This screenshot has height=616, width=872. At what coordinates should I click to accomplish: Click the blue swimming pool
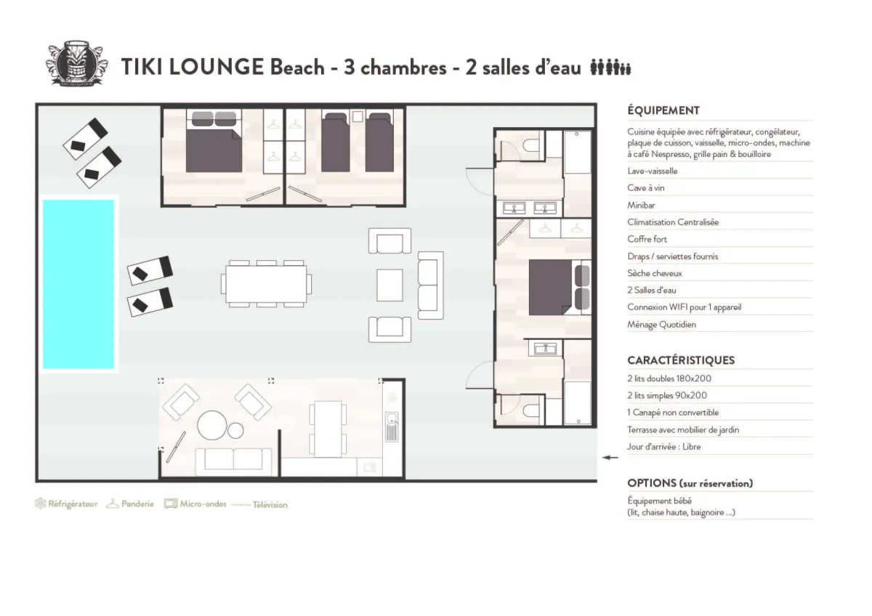pos(78,284)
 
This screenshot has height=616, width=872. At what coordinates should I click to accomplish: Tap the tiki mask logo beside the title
pos(76,66)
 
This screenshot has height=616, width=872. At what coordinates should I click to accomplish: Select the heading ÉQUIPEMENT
pos(663,110)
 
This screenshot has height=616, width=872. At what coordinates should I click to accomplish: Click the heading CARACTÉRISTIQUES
pos(681,360)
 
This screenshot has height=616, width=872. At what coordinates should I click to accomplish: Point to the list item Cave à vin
pos(646,188)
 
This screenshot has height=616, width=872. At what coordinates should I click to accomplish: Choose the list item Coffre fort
pos(647,239)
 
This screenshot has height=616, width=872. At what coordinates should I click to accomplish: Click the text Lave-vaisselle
pos(653,171)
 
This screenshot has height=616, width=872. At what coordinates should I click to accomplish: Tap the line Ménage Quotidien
pos(661,325)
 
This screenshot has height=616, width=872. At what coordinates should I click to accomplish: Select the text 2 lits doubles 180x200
pos(669,378)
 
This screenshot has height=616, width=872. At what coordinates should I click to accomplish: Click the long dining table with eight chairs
pos(266,283)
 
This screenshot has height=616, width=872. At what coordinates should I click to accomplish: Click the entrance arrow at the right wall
pos(611,458)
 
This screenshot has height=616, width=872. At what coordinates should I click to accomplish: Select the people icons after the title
pos(610,68)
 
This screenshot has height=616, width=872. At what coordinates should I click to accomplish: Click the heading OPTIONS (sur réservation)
pos(690,483)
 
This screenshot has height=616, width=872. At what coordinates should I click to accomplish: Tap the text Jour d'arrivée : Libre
pos(663,447)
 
